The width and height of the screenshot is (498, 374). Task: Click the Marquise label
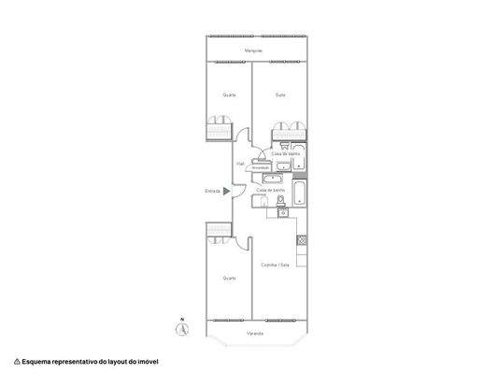tap(252, 50)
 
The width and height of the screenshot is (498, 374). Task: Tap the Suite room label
tap(280, 94)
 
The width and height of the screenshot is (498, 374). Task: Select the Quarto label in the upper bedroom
tap(228, 94)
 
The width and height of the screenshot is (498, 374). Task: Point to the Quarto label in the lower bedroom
tap(228, 278)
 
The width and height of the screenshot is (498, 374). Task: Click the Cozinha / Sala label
tap(276, 265)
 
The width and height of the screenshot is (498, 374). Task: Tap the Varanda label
tap(254, 333)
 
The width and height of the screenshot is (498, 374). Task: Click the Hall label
tap(240, 162)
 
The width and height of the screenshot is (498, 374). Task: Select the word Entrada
tap(213, 192)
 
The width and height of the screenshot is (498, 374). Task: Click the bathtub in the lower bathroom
tap(301, 194)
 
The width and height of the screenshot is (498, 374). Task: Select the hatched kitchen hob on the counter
tap(302, 240)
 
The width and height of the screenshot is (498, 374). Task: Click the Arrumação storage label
tap(261, 168)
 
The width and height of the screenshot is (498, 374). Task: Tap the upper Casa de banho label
tap(285, 152)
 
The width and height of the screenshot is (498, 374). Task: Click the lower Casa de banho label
tap(269, 189)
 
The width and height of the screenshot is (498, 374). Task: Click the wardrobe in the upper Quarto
tap(218, 127)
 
